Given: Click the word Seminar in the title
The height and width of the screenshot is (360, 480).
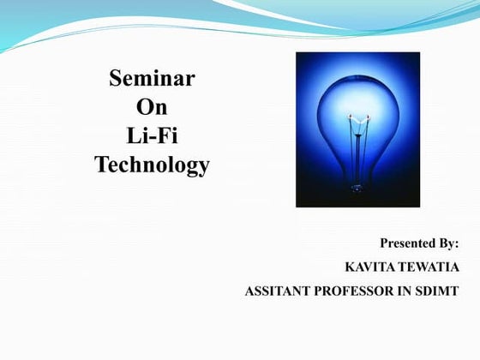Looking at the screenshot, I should [x=153, y=80].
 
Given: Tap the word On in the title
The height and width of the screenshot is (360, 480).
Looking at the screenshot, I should [x=153, y=108].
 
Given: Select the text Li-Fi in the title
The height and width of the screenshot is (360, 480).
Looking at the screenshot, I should [x=153, y=135].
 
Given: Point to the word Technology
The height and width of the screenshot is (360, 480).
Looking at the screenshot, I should [x=153, y=164].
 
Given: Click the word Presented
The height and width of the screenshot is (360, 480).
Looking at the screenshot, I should [x=406, y=244].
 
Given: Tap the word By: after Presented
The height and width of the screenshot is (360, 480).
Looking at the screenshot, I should [x=447, y=244].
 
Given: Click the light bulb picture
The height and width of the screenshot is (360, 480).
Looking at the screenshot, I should [x=357, y=129].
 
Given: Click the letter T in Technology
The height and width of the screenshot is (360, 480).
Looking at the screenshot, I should [x=101, y=163].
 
